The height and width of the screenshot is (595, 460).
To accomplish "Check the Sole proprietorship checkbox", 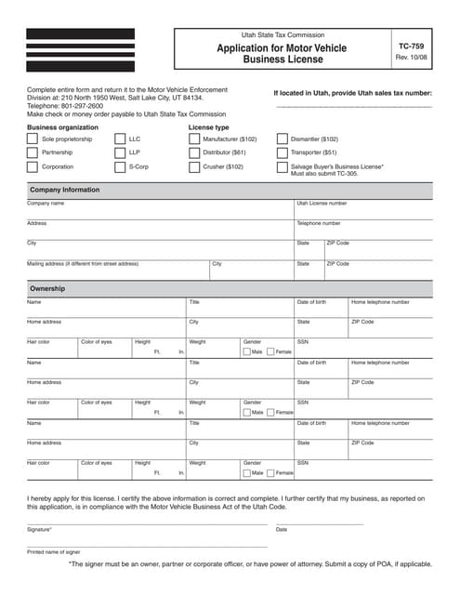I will tap(33, 139).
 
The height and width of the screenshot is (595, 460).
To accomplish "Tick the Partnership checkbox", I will tap(33, 152).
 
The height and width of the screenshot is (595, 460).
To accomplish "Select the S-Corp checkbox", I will tap(120, 167).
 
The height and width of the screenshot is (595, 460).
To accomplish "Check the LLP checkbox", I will tap(120, 152).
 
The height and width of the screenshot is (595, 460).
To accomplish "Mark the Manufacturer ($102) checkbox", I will tap(194, 139).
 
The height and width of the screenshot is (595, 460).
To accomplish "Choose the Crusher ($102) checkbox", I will tap(194, 167).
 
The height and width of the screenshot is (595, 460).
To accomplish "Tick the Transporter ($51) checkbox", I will tap(283, 152).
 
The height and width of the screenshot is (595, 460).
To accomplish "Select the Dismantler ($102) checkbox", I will tap(283, 139).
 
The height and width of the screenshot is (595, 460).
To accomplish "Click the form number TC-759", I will tap(410, 45).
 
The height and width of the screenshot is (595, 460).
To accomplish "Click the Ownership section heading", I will tap(47, 289).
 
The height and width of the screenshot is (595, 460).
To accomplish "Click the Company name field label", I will tap(46, 203).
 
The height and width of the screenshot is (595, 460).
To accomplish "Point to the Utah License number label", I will tap(322, 203).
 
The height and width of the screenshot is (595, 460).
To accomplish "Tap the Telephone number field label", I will tap(319, 223).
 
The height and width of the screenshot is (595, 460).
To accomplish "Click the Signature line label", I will tap(39, 529).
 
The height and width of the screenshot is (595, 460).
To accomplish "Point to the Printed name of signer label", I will tap(53, 551).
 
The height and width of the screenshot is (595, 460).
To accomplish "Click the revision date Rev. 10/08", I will tap(410, 58).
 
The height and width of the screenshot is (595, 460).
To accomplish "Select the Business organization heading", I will tap(62, 126).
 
